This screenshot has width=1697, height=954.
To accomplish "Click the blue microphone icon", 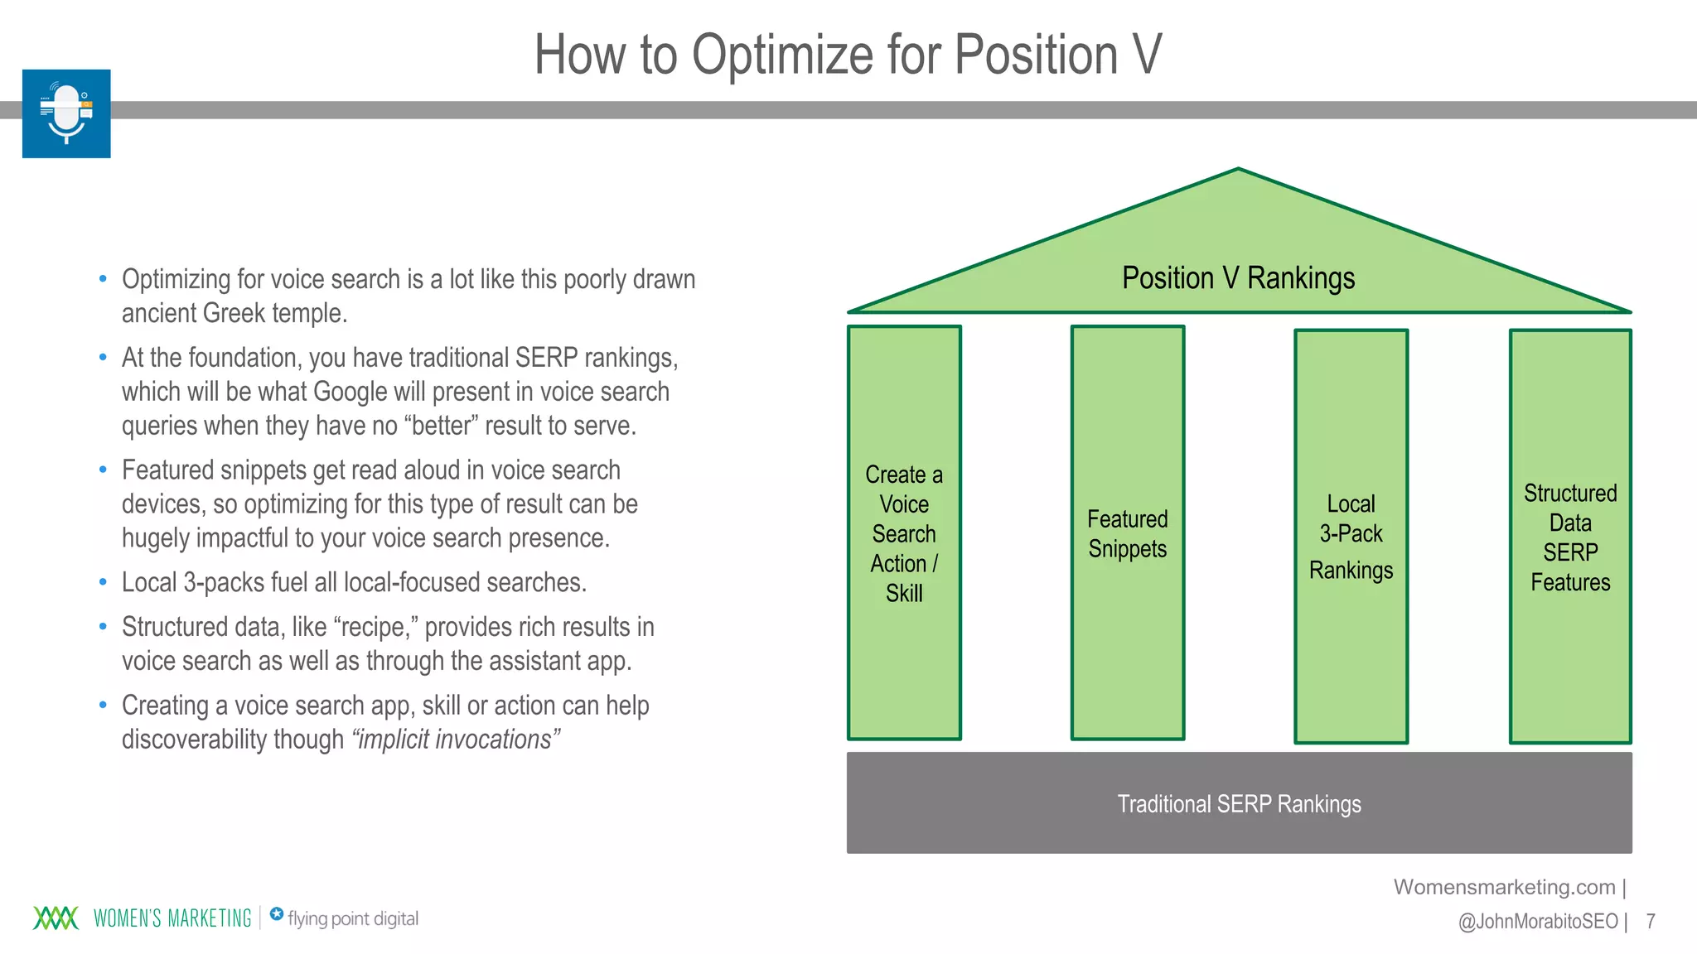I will coord(66,113).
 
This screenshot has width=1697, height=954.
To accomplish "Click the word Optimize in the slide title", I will coord(782,55).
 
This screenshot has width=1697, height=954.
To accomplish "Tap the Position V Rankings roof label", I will coord(1238,278).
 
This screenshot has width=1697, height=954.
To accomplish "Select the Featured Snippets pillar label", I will coord(1127,534).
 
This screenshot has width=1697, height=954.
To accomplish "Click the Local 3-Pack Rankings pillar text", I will coord(1351,536).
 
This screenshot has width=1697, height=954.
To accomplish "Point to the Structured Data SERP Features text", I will coord(1569,537).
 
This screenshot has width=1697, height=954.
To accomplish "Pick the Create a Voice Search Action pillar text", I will coord(903,534).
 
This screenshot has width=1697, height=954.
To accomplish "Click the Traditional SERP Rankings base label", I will coord(1239,804).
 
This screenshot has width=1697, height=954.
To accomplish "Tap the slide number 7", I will coord(1650,921).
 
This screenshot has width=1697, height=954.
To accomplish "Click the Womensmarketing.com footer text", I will coord(1504,887).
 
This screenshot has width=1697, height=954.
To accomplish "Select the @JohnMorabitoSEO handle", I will coord(1537,921).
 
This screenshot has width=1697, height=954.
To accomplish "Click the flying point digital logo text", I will coord(352,918).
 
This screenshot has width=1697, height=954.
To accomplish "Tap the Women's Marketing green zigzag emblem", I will coord(56,918).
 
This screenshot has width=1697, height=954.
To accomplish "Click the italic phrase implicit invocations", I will coord(455,740).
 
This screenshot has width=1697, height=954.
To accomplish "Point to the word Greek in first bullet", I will coord(234,314).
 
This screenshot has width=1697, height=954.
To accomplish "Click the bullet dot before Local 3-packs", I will coord(103,582).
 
